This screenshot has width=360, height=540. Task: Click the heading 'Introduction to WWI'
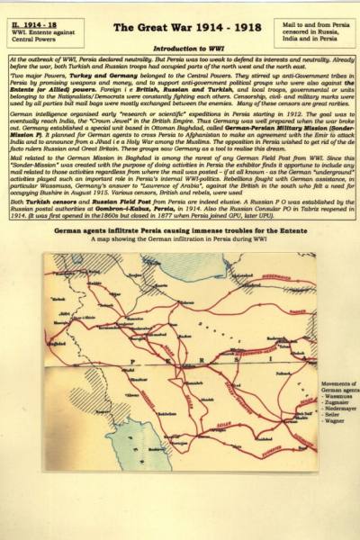[180, 49]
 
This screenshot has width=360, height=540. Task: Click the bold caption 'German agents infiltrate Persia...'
[179, 231]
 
